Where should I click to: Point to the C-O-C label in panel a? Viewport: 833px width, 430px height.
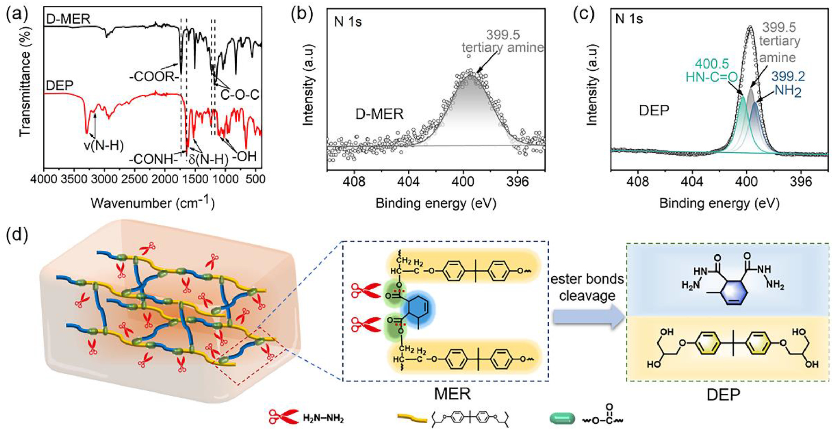240,95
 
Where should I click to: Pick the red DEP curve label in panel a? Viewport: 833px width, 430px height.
60,86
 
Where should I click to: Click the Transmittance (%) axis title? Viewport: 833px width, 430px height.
25,81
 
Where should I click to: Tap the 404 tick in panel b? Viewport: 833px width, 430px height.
408,182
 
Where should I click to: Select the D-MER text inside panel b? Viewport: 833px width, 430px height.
379,114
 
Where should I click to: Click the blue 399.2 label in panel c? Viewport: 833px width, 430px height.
788,77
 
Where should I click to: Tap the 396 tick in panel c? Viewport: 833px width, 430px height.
801,182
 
